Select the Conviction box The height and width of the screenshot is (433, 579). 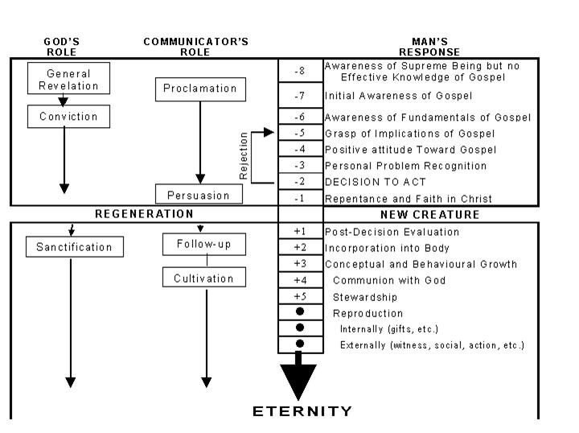point(68,117)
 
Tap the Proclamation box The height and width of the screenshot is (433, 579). point(200,89)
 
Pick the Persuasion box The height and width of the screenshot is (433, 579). point(199,195)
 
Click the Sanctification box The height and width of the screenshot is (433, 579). point(75,246)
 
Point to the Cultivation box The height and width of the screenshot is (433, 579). point(203,279)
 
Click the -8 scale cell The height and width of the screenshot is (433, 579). point(300,71)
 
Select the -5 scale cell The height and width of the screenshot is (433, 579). point(300,134)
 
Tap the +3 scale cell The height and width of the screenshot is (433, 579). point(300,264)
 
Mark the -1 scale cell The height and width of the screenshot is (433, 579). point(300,198)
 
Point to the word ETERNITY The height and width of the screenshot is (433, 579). point(302,411)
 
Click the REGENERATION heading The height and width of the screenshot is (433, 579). point(145,214)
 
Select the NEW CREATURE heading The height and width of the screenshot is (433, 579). point(429,215)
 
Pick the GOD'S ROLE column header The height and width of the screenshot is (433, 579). point(61,47)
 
